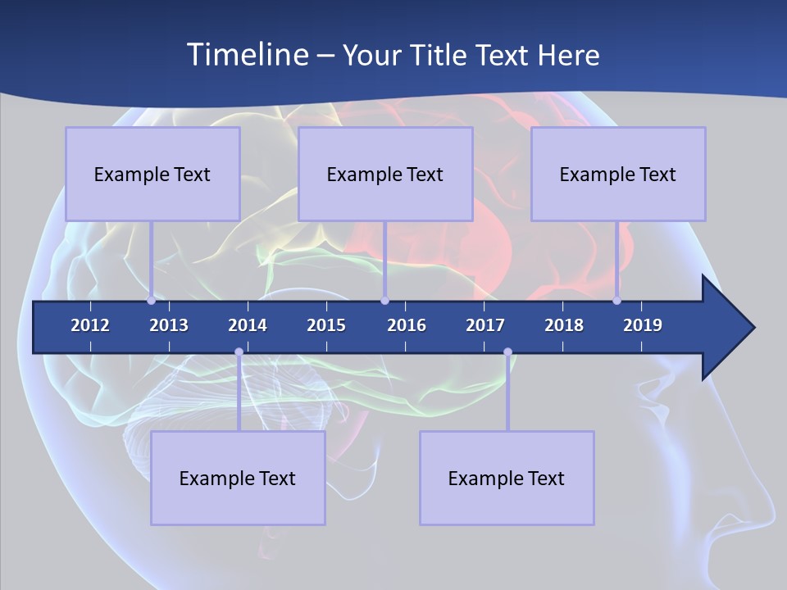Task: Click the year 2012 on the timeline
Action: coord(90,325)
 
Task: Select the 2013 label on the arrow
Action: coord(169,325)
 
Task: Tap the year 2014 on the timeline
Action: coord(248,325)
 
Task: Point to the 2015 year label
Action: coord(326,325)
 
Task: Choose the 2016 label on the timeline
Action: coord(407,325)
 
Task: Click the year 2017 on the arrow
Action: coord(485,325)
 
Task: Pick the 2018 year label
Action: coord(564,325)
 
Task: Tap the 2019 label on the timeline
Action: coord(643,325)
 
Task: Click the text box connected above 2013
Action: coord(152,174)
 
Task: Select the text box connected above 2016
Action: coord(385,174)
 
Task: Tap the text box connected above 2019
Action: coord(618,174)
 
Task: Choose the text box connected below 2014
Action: coord(238,478)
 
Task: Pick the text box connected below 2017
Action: coord(507,478)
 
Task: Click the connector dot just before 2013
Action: coord(152,300)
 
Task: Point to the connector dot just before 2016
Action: coord(384,300)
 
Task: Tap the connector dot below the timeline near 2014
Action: coord(239,352)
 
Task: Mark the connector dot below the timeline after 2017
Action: coord(507,352)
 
